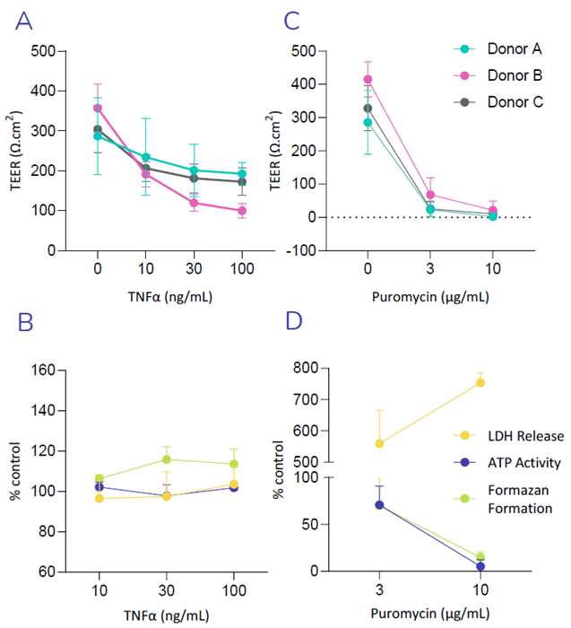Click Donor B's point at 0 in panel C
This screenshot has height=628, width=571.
(368, 79)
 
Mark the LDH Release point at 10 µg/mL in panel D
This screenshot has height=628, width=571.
(480, 382)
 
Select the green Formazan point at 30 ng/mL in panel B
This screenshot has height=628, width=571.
(167, 459)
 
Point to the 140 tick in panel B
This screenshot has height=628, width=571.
(43, 411)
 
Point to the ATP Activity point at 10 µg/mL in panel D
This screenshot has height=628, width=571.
(480, 566)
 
